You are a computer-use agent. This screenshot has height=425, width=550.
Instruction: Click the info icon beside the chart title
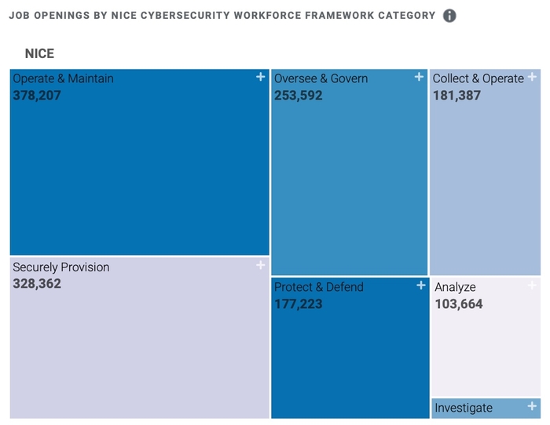point(449,16)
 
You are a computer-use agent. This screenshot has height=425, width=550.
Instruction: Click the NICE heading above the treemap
point(39,54)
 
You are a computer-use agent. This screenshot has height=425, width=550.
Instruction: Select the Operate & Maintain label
point(63,78)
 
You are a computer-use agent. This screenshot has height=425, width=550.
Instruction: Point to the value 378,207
point(37,96)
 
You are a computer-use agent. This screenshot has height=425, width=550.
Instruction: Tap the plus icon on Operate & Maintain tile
point(261,77)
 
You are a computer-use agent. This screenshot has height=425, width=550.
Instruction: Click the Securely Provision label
point(61,267)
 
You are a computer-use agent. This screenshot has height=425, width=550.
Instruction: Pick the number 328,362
point(37,284)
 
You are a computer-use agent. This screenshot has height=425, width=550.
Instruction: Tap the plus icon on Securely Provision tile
point(261,266)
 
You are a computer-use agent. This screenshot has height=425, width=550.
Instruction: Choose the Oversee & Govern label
point(321,78)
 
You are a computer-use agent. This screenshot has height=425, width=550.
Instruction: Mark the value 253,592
point(298,96)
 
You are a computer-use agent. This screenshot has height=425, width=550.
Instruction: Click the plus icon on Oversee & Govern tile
point(420,77)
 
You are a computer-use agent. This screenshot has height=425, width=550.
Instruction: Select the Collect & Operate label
point(478,78)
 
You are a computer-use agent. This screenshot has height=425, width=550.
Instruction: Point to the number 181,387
point(456,96)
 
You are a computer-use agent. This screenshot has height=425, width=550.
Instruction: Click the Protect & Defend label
point(319,287)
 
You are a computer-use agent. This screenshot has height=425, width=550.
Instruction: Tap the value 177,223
point(298,304)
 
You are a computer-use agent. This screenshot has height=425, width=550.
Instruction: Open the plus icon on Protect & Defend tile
point(420,285)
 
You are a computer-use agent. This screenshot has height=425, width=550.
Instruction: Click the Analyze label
point(455,287)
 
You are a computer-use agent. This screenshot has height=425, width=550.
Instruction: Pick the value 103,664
point(459,304)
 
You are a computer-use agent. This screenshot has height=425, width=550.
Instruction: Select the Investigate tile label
point(464,408)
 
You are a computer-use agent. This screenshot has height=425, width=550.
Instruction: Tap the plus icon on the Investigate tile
point(532,405)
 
